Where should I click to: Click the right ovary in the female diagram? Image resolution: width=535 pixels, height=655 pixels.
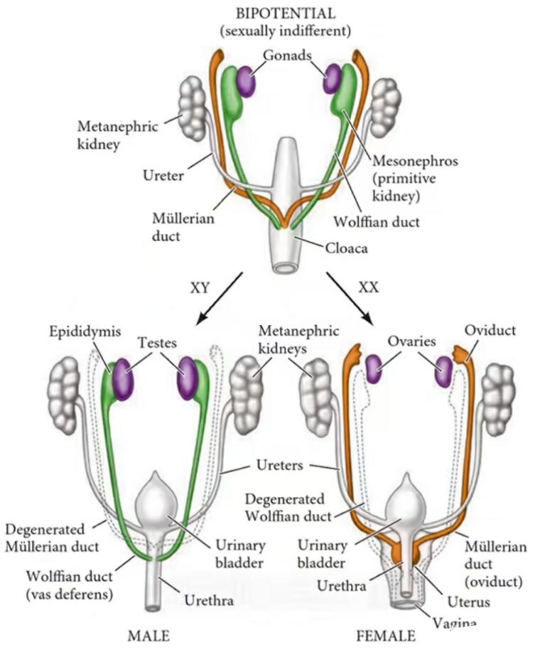click(444, 371)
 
